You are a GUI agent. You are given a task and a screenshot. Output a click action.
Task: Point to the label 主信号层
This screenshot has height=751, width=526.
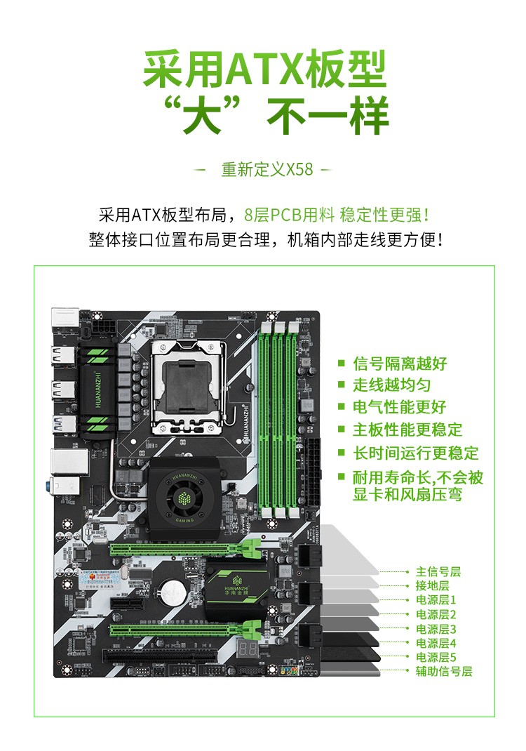tap(438, 572)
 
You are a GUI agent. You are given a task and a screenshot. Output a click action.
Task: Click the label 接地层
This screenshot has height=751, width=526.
tap(432, 586)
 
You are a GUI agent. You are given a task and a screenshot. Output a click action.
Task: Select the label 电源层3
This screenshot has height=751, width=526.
tap(436, 629)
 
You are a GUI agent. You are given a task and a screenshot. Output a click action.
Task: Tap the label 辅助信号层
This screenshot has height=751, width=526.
tap(444, 672)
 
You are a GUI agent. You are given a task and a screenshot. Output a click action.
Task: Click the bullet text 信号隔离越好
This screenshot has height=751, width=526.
tap(400, 364)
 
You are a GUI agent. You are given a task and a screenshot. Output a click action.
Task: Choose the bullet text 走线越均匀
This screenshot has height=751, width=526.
tap(391, 385)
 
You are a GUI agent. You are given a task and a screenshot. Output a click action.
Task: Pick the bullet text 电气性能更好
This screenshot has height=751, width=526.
tap(400, 407)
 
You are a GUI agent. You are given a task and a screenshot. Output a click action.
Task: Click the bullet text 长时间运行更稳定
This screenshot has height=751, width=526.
tap(416, 453)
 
